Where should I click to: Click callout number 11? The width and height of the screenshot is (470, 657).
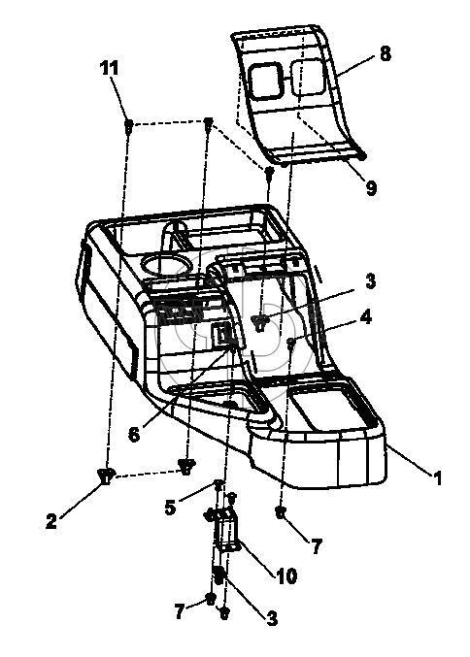[x=110, y=68]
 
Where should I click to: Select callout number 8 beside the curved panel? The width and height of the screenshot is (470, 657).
[x=385, y=54]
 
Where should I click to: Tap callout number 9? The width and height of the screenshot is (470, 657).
[x=371, y=187]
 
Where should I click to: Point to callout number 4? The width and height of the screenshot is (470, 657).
[x=365, y=316]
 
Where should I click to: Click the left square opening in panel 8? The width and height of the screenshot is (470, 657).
[x=265, y=81]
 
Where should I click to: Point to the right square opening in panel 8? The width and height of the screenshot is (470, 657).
[x=307, y=77]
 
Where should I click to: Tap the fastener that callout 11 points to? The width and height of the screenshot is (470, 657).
[x=129, y=124]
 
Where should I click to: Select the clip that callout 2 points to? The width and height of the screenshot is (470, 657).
[x=106, y=476]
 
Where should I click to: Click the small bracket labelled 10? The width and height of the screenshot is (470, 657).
[x=227, y=530]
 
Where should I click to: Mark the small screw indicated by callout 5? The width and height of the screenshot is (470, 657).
[x=218, y=485]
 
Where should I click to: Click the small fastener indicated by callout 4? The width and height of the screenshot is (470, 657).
[x=290, y=343]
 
